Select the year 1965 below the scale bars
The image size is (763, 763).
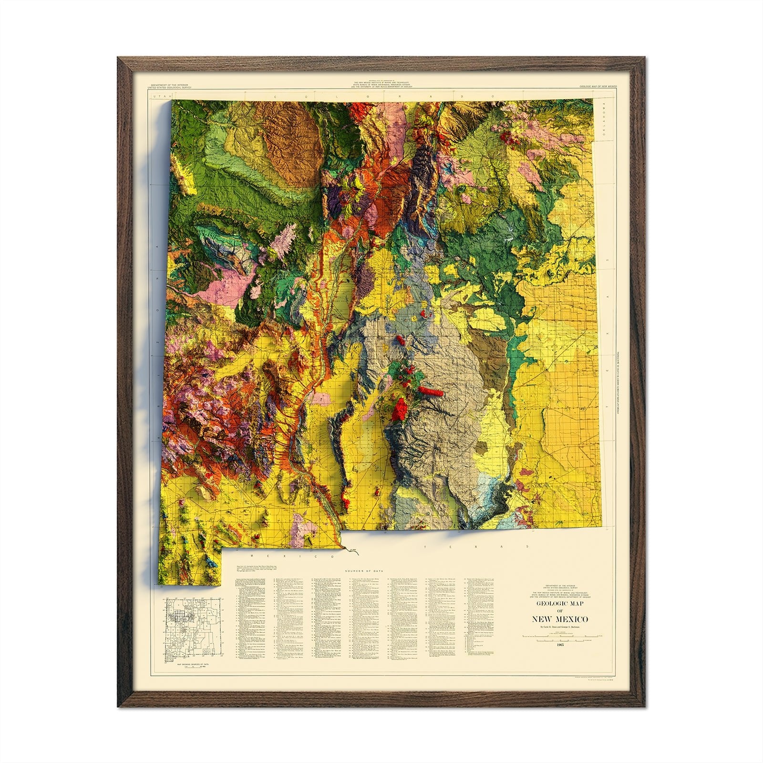tap(561, 645)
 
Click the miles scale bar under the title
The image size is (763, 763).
tap(561, 635)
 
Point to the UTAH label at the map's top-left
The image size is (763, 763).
tap(155, 97)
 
